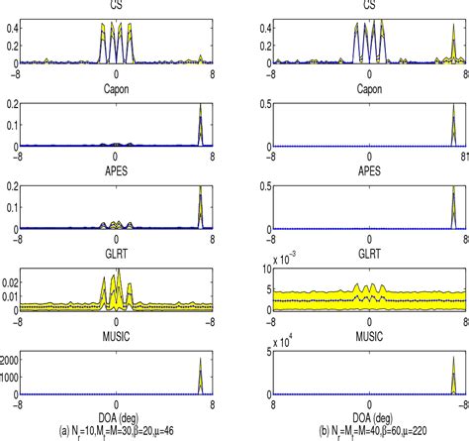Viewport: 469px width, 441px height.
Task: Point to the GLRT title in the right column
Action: [369, 254]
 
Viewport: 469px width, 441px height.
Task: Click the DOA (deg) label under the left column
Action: [117, 418]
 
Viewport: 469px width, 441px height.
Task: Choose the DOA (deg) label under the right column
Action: [369, 418]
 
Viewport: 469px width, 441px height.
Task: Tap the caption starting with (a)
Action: [117, 433]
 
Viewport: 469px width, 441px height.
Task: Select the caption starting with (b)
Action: [369, 433]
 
